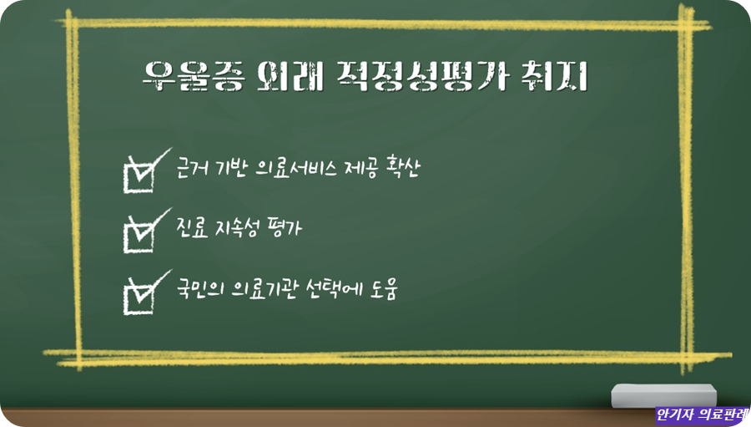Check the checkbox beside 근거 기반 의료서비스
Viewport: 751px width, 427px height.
point(138,173)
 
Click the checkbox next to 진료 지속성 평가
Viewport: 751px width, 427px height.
point(138,231)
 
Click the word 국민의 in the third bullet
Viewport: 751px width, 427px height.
point(199,289)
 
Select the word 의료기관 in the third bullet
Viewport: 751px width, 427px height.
point(260,289)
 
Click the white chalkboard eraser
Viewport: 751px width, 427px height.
point(663,395)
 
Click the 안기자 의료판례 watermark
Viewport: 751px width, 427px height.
point(702,414)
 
